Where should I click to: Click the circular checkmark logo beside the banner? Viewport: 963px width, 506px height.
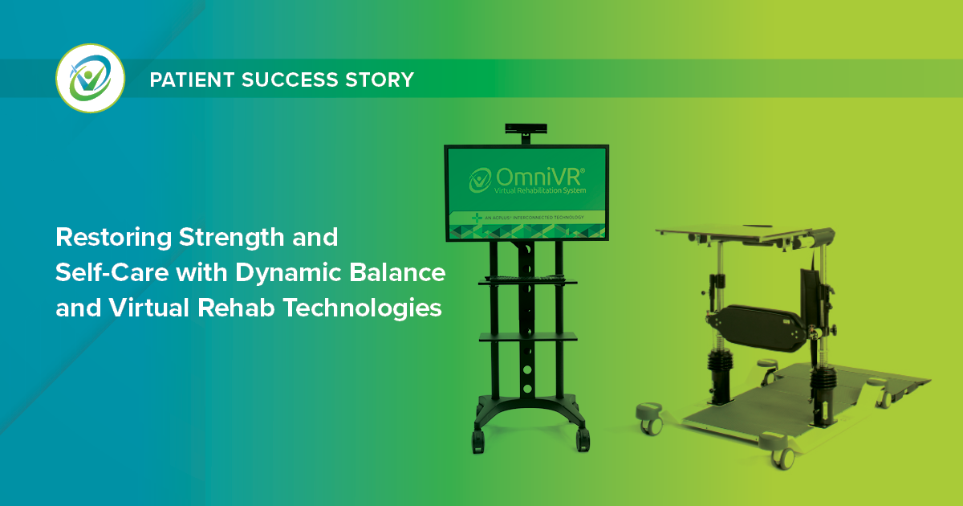pyautogui.click(x=90, y=79)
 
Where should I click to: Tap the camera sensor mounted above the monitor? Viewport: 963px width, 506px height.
pyautogui.click(x=526, y=129)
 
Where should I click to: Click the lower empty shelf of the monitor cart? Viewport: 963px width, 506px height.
pyautogui.click(x=527, y=338)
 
